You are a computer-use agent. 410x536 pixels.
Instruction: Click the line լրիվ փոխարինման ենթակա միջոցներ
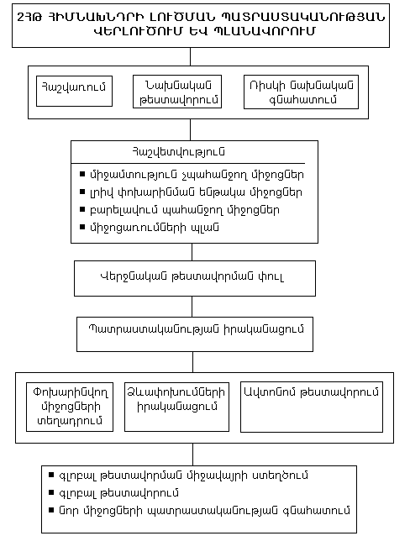point(194,192)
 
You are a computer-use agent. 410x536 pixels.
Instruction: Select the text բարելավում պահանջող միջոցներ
point(194,209)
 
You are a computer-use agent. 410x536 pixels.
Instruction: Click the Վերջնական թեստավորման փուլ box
point(194,278)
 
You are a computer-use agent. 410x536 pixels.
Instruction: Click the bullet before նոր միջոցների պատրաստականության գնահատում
point(52,510)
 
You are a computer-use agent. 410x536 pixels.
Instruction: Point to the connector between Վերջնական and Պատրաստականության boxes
point(193,306)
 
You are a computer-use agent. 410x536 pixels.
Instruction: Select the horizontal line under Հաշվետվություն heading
point(193,163)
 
